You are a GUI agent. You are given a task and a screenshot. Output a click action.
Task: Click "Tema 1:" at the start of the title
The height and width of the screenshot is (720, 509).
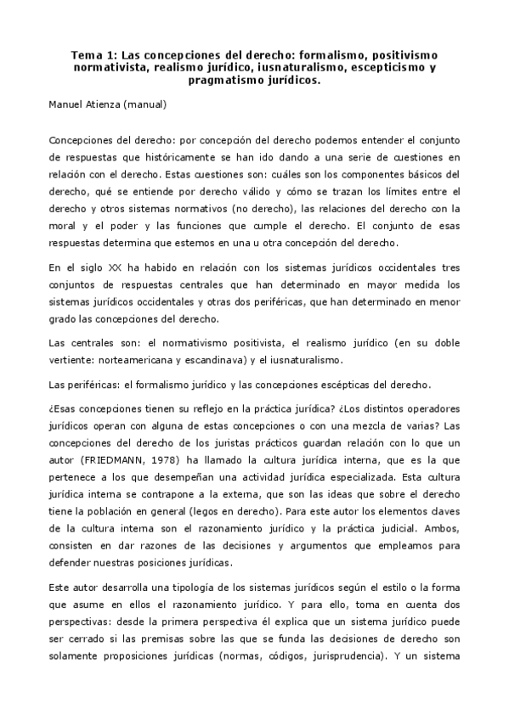tap(93, 55)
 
